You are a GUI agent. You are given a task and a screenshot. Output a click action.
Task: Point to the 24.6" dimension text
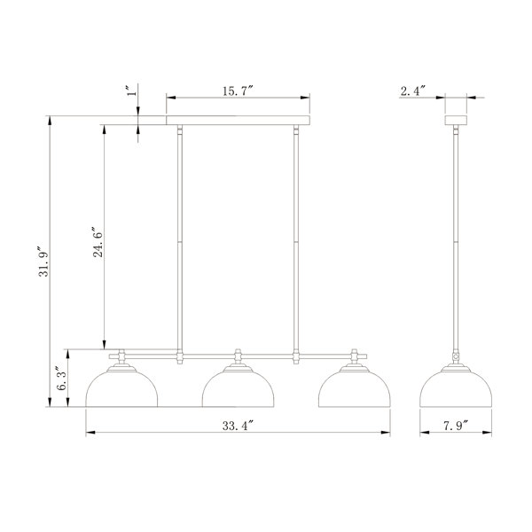click(x=98, y=239)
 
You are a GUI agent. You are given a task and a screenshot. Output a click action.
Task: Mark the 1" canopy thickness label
click(x=129, y=93)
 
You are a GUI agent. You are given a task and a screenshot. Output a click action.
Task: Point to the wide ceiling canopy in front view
click(x=238, y=120)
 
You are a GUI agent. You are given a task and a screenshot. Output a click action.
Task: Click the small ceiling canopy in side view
click(x=458, y=120)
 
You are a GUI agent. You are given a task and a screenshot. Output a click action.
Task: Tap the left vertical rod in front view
click(x=180, y=239)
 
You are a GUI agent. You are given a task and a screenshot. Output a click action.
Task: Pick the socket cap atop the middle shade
click(x=238, y=359)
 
